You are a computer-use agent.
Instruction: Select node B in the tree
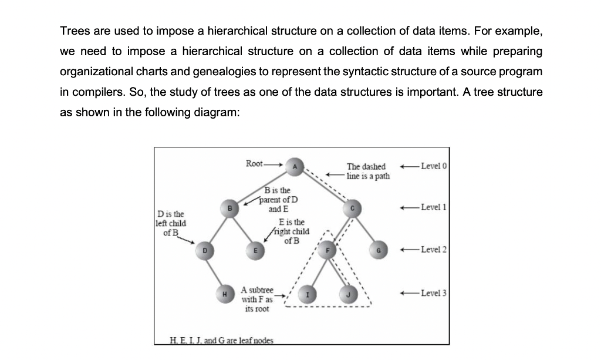(231, 207)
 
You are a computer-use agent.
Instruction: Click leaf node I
(308, 292)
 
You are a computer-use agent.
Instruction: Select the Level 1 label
(433, 207)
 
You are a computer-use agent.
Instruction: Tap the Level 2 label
(433, 250)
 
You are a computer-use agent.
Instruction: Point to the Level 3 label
(433, 292)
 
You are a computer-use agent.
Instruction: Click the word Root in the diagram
(254, 163)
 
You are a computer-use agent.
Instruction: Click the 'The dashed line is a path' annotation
(368, 171)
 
